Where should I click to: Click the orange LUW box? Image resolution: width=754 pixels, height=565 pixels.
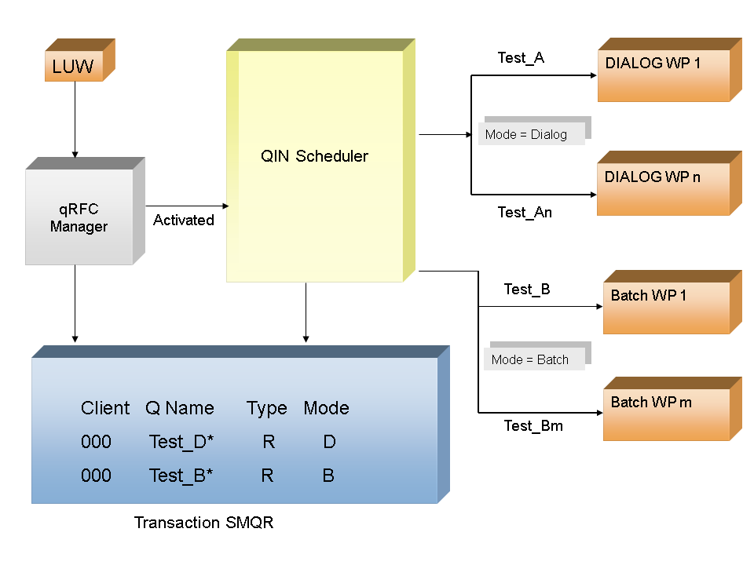[x=74, y=67]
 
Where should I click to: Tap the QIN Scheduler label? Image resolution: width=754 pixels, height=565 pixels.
[x=314, y=156]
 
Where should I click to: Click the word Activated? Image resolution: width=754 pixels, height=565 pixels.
[x=184, y=221]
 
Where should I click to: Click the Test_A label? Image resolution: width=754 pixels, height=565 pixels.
[x=521, y=58]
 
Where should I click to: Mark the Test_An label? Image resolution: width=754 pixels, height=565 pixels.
[x=525, y=213]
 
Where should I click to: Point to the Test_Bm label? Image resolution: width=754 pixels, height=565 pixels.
[x=533, y=426]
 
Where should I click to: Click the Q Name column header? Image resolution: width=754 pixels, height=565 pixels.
[x=180, y=408]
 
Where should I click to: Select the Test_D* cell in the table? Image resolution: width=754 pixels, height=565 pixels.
[x=181, y=443]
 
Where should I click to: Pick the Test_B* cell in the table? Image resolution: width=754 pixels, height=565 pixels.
[x=181, y=476]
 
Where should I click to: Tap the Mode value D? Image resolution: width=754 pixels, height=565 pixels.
[x=329, y=443]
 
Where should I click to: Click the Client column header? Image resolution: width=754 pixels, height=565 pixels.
[x=105, y=408]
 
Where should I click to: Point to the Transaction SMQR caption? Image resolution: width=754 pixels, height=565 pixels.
[x=203, y=523]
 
